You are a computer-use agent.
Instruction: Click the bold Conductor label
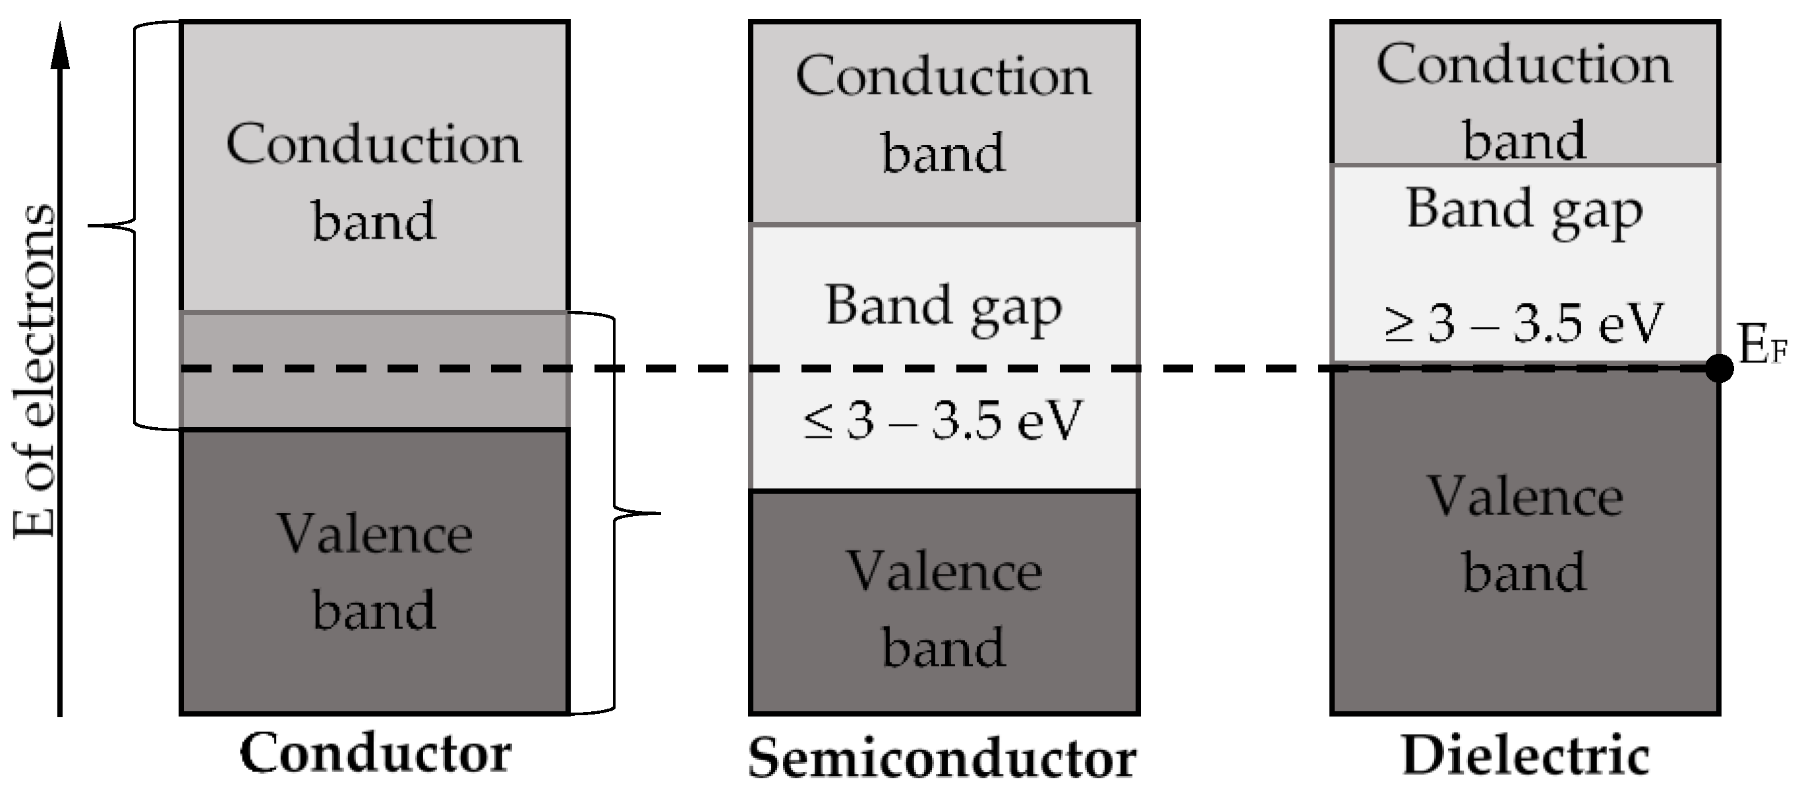[x=375, y=754]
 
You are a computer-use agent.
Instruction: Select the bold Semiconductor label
[x=942, y=759]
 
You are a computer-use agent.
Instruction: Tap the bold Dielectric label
[x=1525, y=757]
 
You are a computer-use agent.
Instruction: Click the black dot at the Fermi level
[x=1718, y=368]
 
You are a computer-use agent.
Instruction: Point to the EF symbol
[x=1762, y=345]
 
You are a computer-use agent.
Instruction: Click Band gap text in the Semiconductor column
[x=942, y=307]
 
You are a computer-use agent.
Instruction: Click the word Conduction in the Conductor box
[x=374, y=144]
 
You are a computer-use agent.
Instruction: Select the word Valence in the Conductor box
[x=375, y=535]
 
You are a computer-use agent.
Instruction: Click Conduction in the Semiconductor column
[x=942, y=76]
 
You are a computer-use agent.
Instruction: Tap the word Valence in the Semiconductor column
[x=944, y=572]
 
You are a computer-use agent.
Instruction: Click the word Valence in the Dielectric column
[x=1525, y=497]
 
